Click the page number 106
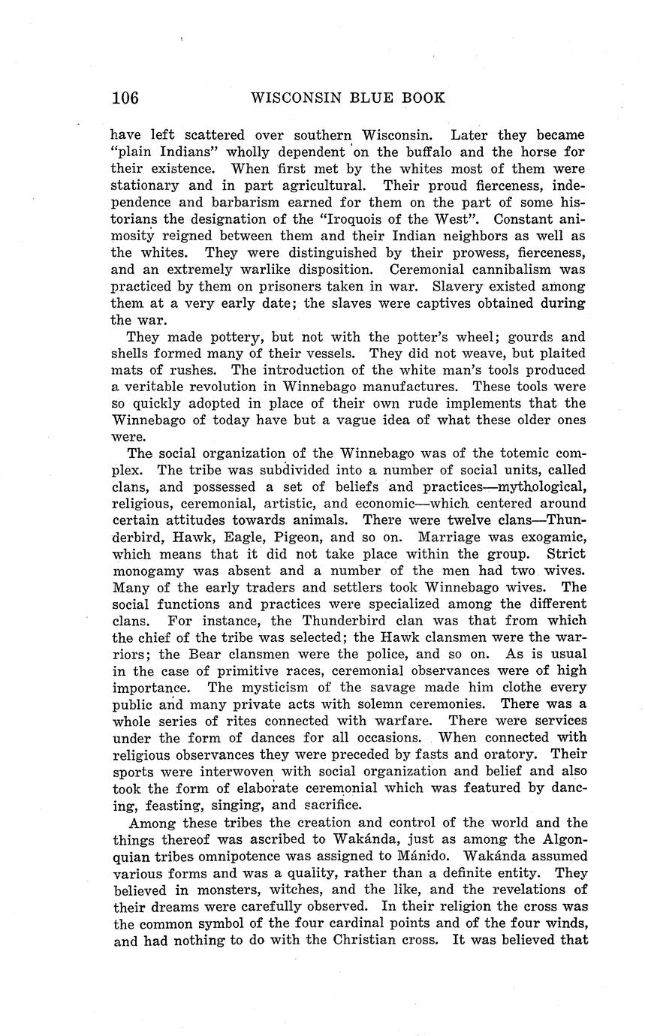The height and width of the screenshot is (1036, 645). point(125,98)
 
